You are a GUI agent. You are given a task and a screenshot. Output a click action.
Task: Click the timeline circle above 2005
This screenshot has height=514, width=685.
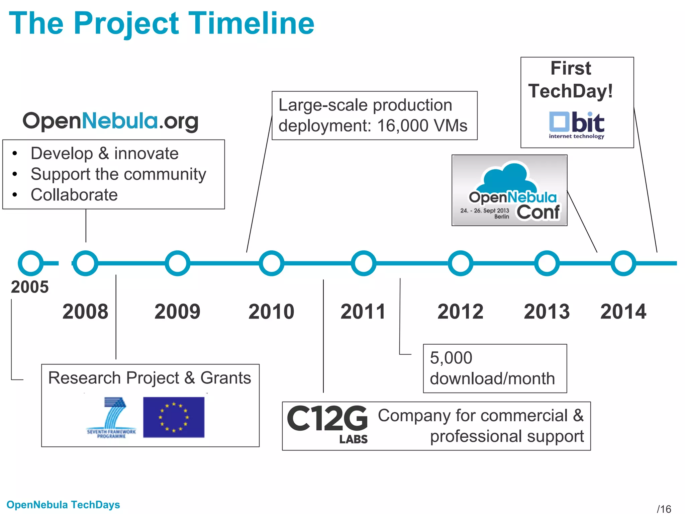tap(30, 263)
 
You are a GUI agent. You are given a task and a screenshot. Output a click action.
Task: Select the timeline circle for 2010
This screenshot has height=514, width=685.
tap(271, 263)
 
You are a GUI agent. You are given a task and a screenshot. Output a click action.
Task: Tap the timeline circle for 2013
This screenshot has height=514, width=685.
tap(547, 263)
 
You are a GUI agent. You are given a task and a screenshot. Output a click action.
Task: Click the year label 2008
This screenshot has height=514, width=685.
tap(85, 312)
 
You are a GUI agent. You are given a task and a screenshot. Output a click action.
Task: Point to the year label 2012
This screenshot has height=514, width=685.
tap(460, 312)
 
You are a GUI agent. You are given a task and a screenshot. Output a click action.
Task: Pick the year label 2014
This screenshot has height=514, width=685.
tap(623, 312)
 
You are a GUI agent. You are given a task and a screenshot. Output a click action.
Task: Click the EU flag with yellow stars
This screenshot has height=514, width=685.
tap(174, 417)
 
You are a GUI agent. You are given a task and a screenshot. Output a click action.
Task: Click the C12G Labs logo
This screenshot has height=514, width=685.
tap(327, 423)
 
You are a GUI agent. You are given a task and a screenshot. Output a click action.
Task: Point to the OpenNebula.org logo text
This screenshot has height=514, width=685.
tap(110, 121)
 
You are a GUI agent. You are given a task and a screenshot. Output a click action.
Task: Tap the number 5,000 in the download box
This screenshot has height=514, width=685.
tap(451, 358)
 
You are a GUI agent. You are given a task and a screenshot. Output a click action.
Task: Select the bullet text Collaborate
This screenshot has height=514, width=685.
tap(74, 195)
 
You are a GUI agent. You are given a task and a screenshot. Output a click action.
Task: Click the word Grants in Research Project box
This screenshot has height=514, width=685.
tap(225, 378)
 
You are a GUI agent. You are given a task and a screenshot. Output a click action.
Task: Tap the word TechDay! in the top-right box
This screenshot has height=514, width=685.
tap(571, 91)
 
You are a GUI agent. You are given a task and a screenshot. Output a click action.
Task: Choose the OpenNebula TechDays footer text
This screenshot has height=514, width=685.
tap(63, 505)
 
